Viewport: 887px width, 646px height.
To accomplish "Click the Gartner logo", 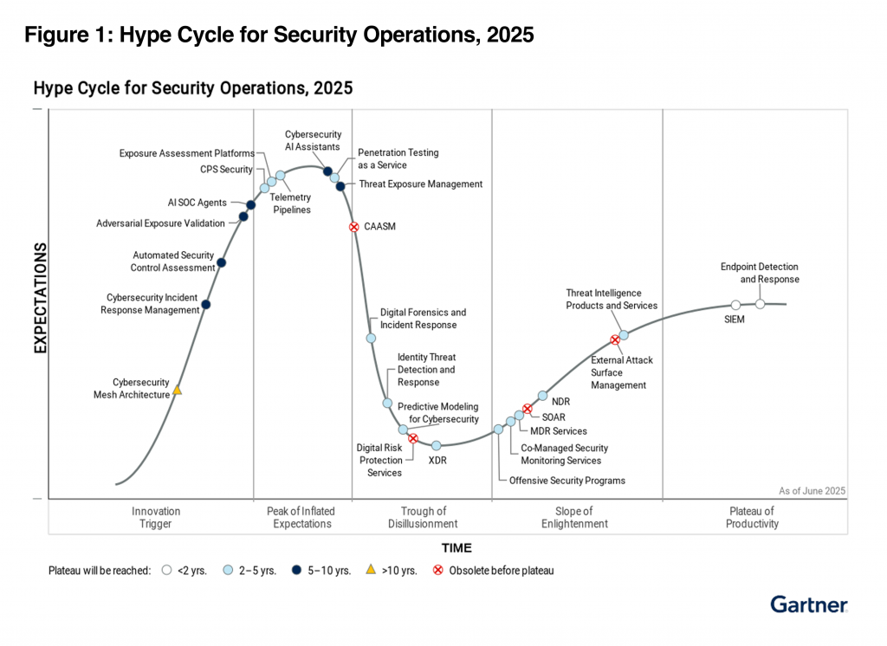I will click(x=809, y=604).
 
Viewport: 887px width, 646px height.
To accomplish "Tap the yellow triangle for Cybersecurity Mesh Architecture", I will click(x=177, y=391).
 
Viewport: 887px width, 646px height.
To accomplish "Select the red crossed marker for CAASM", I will click(x=354, y=227).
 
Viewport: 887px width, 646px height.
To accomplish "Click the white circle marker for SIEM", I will click(x=735, y=305).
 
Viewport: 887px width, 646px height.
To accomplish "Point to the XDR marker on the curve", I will click(x=437, y=446).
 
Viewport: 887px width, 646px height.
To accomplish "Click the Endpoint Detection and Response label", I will click(x=760, y=274).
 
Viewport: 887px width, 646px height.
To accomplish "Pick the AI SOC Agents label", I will click(x=197, y=203).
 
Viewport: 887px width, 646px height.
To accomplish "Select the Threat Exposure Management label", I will click(x=420, y=184).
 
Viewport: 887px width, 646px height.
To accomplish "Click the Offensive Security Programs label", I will click(x=567, y=481).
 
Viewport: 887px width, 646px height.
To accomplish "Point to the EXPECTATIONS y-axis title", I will click(x=40, y=298).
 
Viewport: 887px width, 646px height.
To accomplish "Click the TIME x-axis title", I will click(x=456, y=547).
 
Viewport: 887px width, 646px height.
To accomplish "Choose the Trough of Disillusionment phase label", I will click(x=424, y=518).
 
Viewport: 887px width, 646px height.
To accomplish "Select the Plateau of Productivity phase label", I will click(x=752, y=518).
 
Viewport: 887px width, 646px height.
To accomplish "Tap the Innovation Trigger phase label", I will click(x=156, y=518).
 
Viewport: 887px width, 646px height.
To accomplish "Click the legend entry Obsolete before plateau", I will click(x=501, y=571).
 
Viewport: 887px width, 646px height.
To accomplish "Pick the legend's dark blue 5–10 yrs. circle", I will click(x=296, y=571).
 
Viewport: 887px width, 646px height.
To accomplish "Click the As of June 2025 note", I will click(x=812, y=491).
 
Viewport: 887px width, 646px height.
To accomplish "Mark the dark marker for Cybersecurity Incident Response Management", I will click(x=205, y=304).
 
